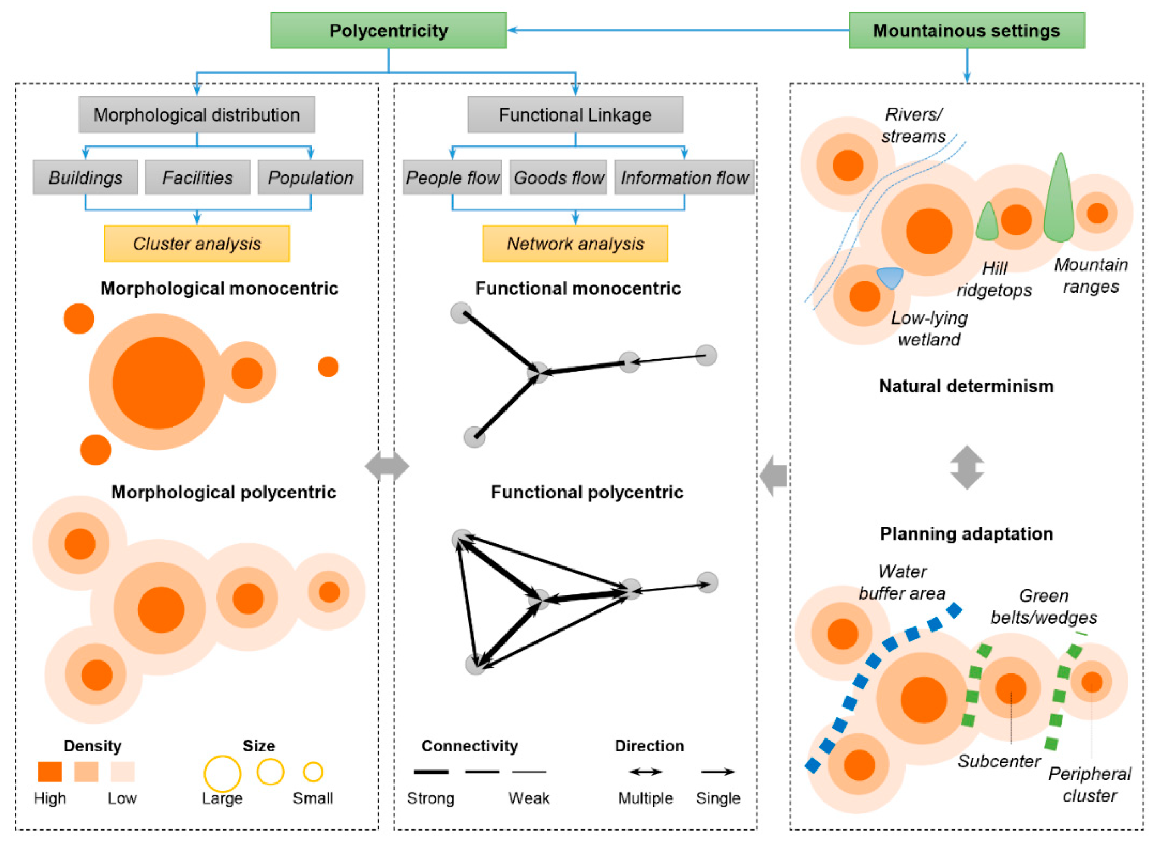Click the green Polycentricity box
tap(388, 31)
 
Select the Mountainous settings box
tap(966, 31)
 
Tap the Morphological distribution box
tap(196, 115)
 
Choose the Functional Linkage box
tap(575, 115)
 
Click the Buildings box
tap(85, 178)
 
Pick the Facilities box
tap(198, 178)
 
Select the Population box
tap(310, 178)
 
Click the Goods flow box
tap(559, 178)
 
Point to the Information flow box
tap(684, 178)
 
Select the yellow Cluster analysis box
tap(197, 243)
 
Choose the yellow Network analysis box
tap(575, 243)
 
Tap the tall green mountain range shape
tap(1059, 203)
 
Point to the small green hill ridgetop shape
tap(987, 223)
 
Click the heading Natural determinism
tap(966, 386)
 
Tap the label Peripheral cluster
tap(1090, 784)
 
